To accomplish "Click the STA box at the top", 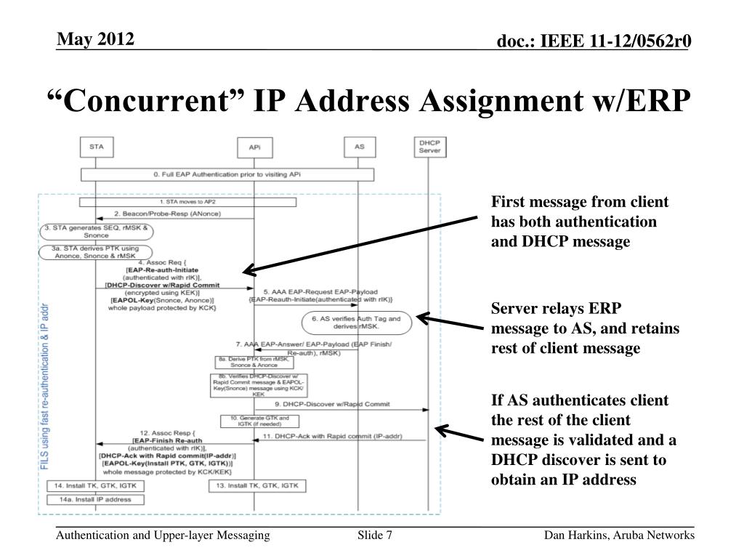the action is click(x=97, y=147).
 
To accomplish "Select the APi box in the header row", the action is click(x=254, y=148).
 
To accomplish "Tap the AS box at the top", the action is click(x=358, y=147).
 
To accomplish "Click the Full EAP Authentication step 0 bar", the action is click(x=227, y=175).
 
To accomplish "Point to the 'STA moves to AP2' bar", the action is click(x=187, y=201).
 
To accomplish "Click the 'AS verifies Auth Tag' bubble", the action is click(x=356, y=322).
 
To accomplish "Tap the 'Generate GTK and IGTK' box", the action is click(x=250, y=421).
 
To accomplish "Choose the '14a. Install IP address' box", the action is click(x=94, y=500).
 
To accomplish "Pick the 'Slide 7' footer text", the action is click(x=375, y=536).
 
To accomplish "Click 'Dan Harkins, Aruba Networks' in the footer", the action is click(x=620, y=536).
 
